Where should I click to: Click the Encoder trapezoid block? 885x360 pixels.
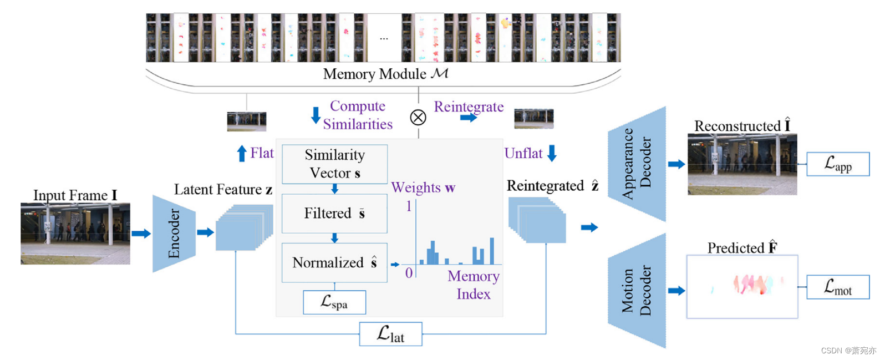[x=174, y=234]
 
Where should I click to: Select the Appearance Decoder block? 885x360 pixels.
[x=637, y=164]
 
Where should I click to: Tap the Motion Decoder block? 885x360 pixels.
[x=637, y=291]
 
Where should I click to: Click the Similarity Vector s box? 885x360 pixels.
[x=334, y=164]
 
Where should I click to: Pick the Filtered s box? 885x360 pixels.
[x=334, y=214]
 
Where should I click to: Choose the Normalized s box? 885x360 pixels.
[x=334, y=262]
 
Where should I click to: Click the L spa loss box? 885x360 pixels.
[x=334, y=302]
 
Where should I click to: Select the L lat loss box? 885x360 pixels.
[x=391, y=334]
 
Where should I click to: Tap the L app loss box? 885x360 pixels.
[x=838, y=164]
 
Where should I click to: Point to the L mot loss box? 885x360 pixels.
[x=838, y=287]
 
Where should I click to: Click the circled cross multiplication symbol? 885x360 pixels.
[x=418, y=118]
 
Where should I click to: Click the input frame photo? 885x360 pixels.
[x=75, y=234]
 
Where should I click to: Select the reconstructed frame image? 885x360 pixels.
[x=742, y=164]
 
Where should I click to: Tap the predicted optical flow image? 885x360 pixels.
[x=742, y=287]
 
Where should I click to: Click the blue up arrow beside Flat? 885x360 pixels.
[x=242, y=153]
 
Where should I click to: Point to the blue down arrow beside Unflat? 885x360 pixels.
[x=552, y=153]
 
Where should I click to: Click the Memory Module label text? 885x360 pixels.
[x=385, y=74]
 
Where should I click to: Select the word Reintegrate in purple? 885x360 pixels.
[x=469, y=107]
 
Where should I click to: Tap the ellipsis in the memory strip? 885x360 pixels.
[x=384, y=39]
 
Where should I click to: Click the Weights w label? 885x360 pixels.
[x=423, y=187]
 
